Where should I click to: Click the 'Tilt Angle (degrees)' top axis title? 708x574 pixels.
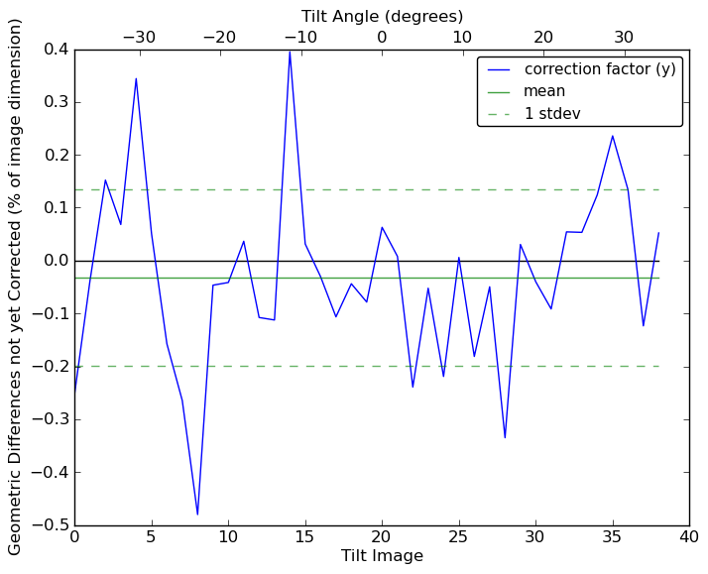382,16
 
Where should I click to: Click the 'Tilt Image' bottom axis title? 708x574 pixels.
382,556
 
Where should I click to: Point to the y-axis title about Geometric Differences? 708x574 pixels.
16,287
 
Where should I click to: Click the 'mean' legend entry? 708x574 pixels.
544,91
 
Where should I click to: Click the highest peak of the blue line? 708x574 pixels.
290,52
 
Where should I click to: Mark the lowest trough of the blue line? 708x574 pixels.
197,515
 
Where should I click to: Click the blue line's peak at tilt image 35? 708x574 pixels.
612,136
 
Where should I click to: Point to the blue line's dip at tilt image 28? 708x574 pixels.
505,437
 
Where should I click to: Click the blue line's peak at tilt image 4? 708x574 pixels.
136,78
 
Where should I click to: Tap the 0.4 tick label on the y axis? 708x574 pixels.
56,50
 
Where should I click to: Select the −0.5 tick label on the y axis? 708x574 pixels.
50,524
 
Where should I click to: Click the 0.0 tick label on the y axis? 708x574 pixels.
56,261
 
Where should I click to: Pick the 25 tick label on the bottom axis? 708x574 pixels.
458,537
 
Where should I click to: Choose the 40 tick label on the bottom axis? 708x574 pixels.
689,537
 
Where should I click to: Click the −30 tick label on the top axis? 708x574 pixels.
139,38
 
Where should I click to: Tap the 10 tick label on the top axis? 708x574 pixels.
462,38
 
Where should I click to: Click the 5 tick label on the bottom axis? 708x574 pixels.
151,537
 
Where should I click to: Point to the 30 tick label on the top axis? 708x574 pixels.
624,38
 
